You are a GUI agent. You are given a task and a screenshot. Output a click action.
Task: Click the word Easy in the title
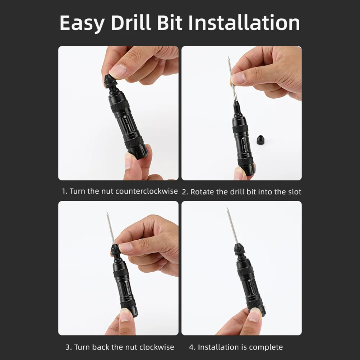[x=82, y=23]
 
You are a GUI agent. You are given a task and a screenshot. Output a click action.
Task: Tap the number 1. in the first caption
[x=65, y=191]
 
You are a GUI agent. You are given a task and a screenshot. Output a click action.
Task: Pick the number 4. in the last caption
[x=192, y=347]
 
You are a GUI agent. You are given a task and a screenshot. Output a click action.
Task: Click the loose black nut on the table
[x=260, y=138]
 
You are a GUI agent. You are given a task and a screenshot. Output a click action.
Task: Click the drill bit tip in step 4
[x=227, y=209]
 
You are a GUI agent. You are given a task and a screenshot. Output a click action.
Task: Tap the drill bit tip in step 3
[x=107, y=213]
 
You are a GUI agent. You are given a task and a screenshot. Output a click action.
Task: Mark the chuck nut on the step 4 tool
[x=239, y=249]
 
